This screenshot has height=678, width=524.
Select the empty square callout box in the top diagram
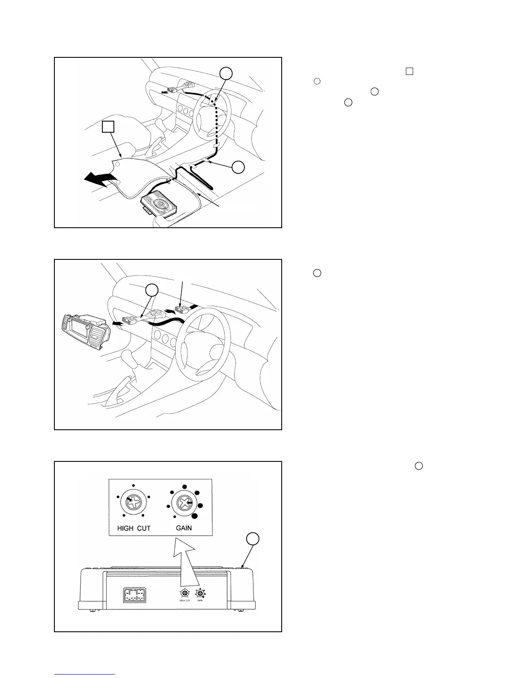click(108, 127)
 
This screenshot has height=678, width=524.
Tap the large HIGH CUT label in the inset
click(134, 528)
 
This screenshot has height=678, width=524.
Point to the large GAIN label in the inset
click(184, 528)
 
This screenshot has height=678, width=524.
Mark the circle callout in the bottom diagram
click(253, 539)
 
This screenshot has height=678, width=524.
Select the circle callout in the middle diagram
click(152, 290)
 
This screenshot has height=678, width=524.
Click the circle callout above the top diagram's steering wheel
click(226, 73)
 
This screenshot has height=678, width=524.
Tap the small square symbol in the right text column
click(409, 71)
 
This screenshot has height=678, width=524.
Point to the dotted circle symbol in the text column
click(317, 81)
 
